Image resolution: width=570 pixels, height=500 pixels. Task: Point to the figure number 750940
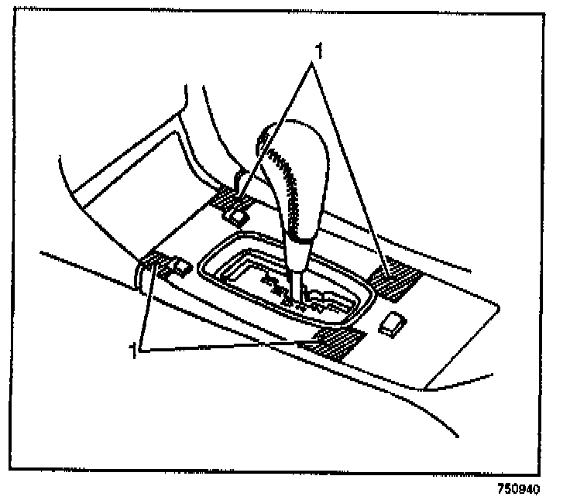pyautogui.click(x=517, y=488)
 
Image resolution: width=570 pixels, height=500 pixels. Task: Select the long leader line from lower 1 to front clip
pyautogui.click(x=232, y=344)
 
